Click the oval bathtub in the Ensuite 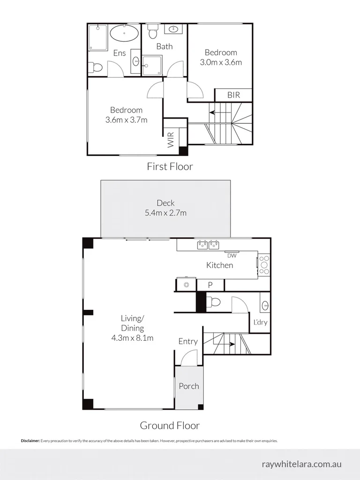click(x=124, y=34)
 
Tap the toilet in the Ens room click(x=97, y=67)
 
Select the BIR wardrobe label click(x=233, y=95)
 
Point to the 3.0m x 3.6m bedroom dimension click(x=220, y=62)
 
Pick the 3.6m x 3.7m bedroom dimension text click(x=126, y=120)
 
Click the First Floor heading click(x=170, y=166)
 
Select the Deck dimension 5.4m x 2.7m click(x=165, y=213)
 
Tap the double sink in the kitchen click(x=209, y=244)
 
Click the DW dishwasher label click(x=231, y=255)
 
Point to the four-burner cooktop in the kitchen click(x=264, y=264)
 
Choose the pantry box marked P click(x=210, y=285)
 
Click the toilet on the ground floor click(x=213, y=301)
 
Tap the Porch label click(x=189, y=386)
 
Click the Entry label click(x=188, y=342)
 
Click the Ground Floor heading click(x=170, y=426)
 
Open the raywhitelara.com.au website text click(x=301, y=464)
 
